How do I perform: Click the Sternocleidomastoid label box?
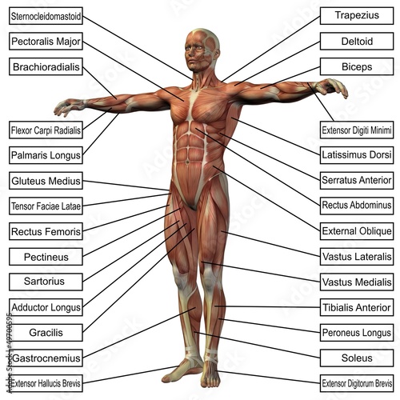tap(46, 16)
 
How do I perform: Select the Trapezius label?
tap(357, 16)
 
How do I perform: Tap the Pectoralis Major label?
tap(46, 42)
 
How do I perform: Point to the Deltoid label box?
tap(357, 42)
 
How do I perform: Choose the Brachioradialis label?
tap(46, 66)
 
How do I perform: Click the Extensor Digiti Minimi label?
tap(357, 130)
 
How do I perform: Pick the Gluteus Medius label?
tap(46, 181)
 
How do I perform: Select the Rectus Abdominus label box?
tap(357, 206)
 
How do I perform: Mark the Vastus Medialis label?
tap(357, 282)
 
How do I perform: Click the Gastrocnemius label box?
tap(46, 358)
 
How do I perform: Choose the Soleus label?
tap(357, 358)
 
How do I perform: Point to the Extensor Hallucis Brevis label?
tap(46, 383)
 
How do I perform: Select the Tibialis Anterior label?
tap(357, 307)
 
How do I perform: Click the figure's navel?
tap(187, 162)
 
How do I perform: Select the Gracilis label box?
tap(46, 333)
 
